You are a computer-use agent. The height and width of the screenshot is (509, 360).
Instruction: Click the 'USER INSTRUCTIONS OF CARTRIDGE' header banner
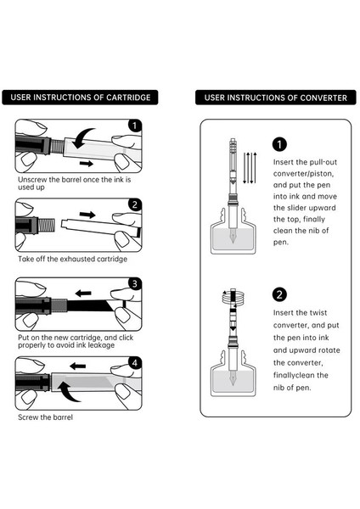coord(80,98)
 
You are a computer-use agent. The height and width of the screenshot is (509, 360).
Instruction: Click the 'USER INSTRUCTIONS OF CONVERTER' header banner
coord(276,98)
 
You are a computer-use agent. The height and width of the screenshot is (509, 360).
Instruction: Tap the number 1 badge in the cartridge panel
coord(135,126)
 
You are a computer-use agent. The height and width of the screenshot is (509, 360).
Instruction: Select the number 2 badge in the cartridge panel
coord(135,204)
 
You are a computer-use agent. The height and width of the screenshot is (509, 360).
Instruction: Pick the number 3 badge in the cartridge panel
coord(135,283)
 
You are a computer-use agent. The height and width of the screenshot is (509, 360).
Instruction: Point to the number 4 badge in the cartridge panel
coord(135,363)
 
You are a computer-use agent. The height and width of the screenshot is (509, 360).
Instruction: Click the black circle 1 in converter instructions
coord(279,144)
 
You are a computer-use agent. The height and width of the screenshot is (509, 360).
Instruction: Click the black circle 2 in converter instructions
coord(279,294)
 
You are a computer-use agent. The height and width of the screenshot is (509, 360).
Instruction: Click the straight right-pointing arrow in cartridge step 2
coord(87,215)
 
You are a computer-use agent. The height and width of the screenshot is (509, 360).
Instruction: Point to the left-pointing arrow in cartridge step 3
coord(83,294)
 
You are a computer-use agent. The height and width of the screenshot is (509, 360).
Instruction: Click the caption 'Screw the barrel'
coord(45,417)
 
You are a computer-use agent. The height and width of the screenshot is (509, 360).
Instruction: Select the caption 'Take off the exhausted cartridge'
coord(72,259)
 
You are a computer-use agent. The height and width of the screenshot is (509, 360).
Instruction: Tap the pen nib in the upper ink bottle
coord(233,237)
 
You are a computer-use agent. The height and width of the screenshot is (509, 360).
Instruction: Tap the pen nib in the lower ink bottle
coord(233,378)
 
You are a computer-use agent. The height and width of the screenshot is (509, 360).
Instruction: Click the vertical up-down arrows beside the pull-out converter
coord(250,168)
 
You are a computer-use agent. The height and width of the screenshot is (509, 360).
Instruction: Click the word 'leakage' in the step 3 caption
coord(101,345)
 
